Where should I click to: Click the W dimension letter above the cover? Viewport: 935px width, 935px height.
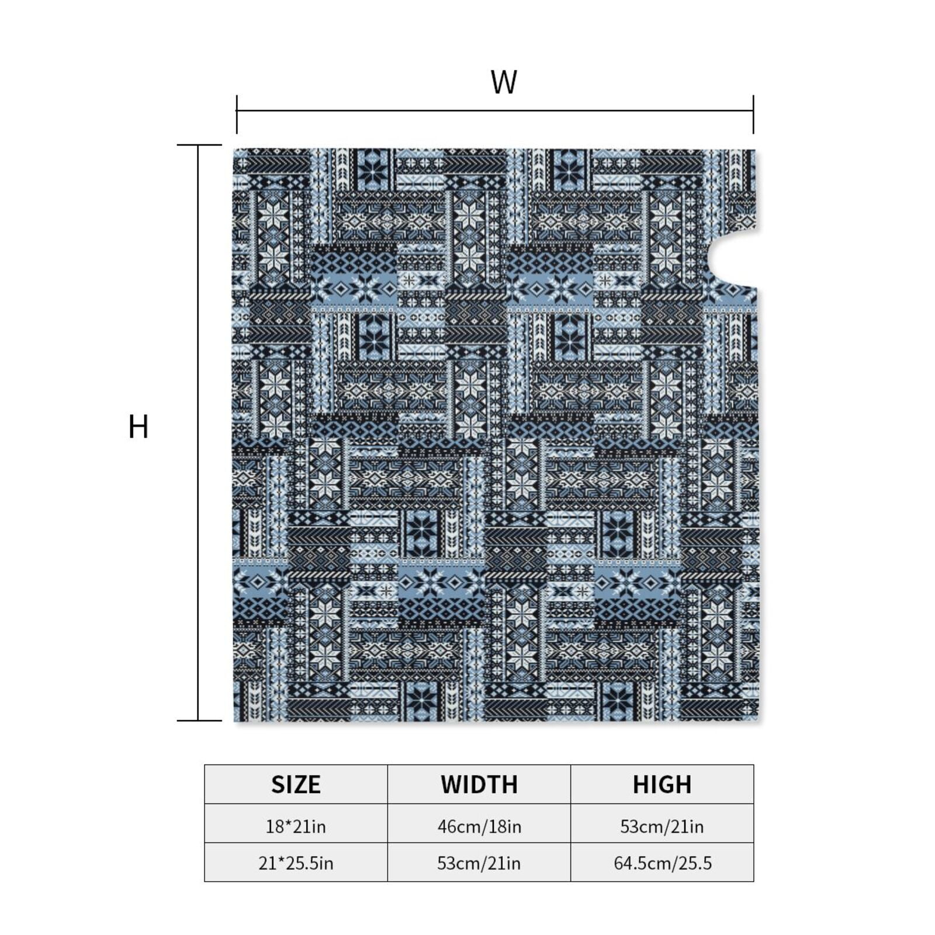504,82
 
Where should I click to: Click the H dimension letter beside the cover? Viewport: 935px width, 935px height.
138,427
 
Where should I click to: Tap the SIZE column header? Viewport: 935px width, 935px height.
296,784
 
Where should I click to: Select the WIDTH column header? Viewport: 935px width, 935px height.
479,784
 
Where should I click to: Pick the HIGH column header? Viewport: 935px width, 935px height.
662,784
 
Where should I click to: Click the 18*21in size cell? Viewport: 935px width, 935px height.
296,826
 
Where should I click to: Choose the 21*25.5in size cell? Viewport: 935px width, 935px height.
296,863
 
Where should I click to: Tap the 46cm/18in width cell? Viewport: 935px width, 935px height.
479,826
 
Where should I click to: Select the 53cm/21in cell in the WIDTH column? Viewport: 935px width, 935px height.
479,863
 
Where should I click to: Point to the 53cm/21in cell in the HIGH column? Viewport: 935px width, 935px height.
662,826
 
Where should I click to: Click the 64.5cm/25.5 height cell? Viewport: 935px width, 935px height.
662,863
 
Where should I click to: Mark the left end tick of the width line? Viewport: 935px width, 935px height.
237,115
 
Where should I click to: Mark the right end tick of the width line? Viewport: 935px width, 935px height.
753,115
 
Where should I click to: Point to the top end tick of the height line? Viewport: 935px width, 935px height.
199,145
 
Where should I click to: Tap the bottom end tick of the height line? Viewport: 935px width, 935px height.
199,721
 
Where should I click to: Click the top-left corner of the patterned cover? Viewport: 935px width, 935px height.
233,149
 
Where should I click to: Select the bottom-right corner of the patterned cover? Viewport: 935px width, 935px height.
758,721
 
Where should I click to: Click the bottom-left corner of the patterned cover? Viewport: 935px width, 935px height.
234,721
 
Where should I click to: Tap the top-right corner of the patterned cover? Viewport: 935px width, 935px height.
755,150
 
